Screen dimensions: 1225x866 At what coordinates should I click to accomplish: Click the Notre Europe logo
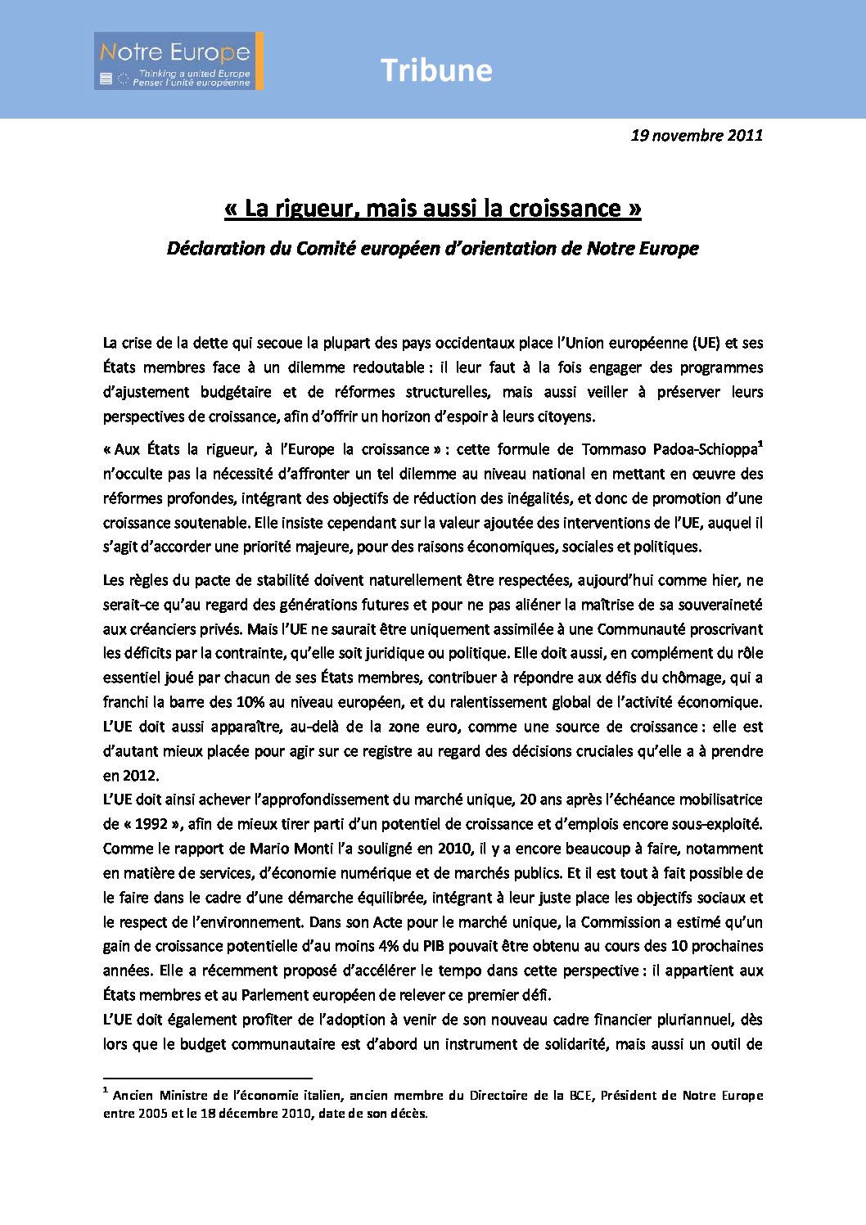point(178,61)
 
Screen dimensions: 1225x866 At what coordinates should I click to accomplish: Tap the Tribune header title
point(435,70)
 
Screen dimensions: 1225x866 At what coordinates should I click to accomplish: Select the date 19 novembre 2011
point(697,135)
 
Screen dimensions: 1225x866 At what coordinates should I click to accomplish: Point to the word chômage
point(699,678)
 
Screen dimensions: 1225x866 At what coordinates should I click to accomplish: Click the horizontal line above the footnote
point(208,1079)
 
